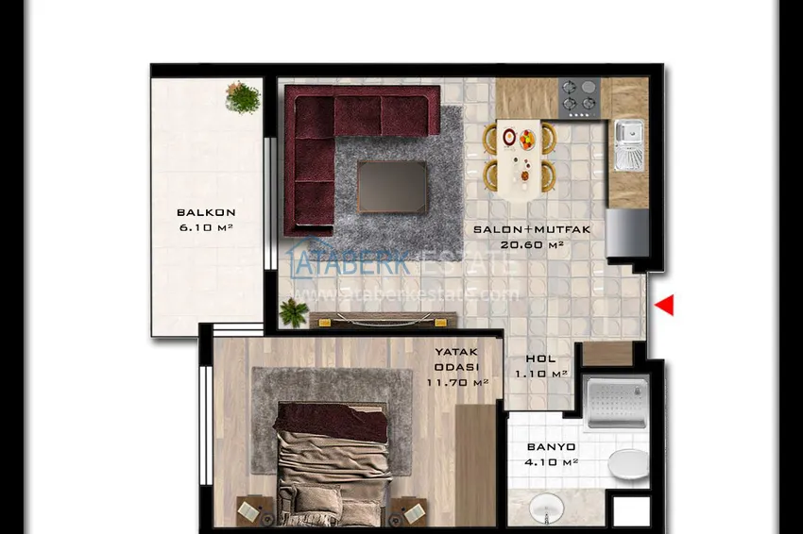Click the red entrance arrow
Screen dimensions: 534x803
[665, 305]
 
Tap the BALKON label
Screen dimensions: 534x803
[206, 213]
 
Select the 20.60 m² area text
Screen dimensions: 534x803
[532, 245]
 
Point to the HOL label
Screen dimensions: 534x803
[540, 359]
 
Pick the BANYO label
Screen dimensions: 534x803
[551, 447]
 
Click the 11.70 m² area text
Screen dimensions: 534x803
[457, 383]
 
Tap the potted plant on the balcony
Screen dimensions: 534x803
[244, 97]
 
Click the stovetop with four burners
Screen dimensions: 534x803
[579, 97]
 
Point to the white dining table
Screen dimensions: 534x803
[519, 156]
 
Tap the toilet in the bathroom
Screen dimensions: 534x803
[626, 463]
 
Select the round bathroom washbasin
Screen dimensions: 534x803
[545, 509]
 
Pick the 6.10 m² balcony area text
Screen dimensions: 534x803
[206, 228]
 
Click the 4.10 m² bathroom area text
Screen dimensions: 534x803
[551, 462]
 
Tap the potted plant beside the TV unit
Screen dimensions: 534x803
[294, 312]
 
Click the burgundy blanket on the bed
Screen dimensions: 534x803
[332, 421]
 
